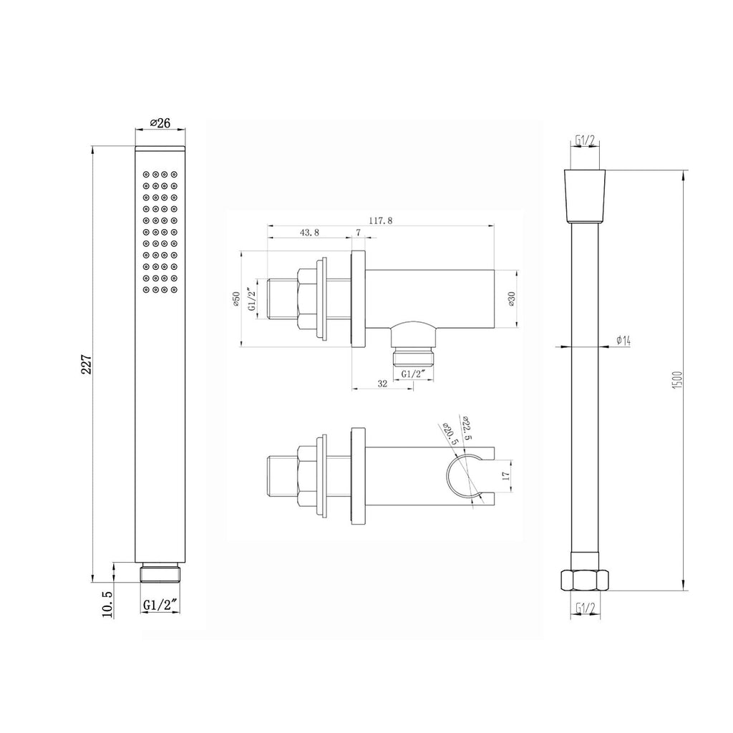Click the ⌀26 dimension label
(160, 123)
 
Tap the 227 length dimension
(87, 364)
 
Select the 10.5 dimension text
(107, 604)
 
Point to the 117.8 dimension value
(381, 220)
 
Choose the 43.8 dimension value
(309, 233)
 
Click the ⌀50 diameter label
(236, 298)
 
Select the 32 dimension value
(382, 384)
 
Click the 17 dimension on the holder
(505, 475)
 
